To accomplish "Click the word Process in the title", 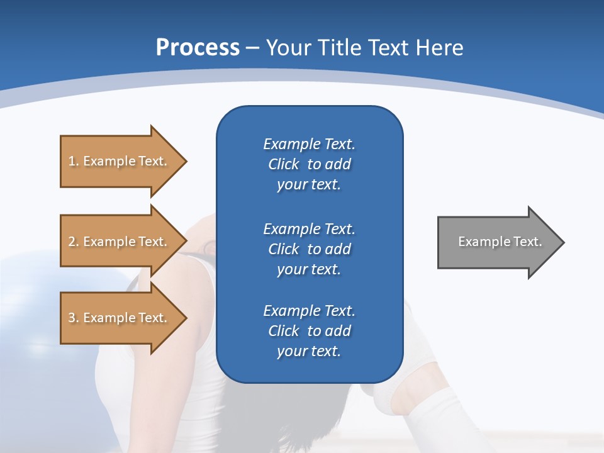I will tap(198, 47).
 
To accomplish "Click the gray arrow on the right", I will tap(497, 242).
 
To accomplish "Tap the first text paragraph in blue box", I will tap(309, 164).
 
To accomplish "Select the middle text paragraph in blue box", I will tap(309, 249).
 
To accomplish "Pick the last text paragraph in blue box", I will tap(309, 331).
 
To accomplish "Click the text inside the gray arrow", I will tap(500, 242).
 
